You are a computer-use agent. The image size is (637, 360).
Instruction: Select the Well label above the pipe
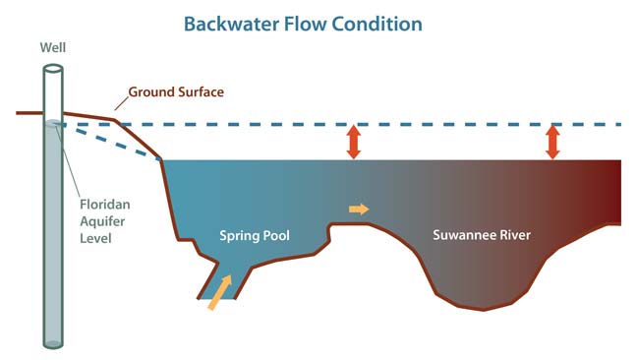52,47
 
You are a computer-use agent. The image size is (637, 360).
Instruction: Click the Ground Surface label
178,91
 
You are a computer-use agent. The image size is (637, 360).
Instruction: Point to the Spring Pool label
253,235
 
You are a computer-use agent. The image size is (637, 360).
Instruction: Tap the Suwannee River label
482,235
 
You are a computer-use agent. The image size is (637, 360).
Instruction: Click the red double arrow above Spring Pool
353,142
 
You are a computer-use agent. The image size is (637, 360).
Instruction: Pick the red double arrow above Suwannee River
553,142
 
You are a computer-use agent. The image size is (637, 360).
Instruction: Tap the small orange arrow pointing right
359,209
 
